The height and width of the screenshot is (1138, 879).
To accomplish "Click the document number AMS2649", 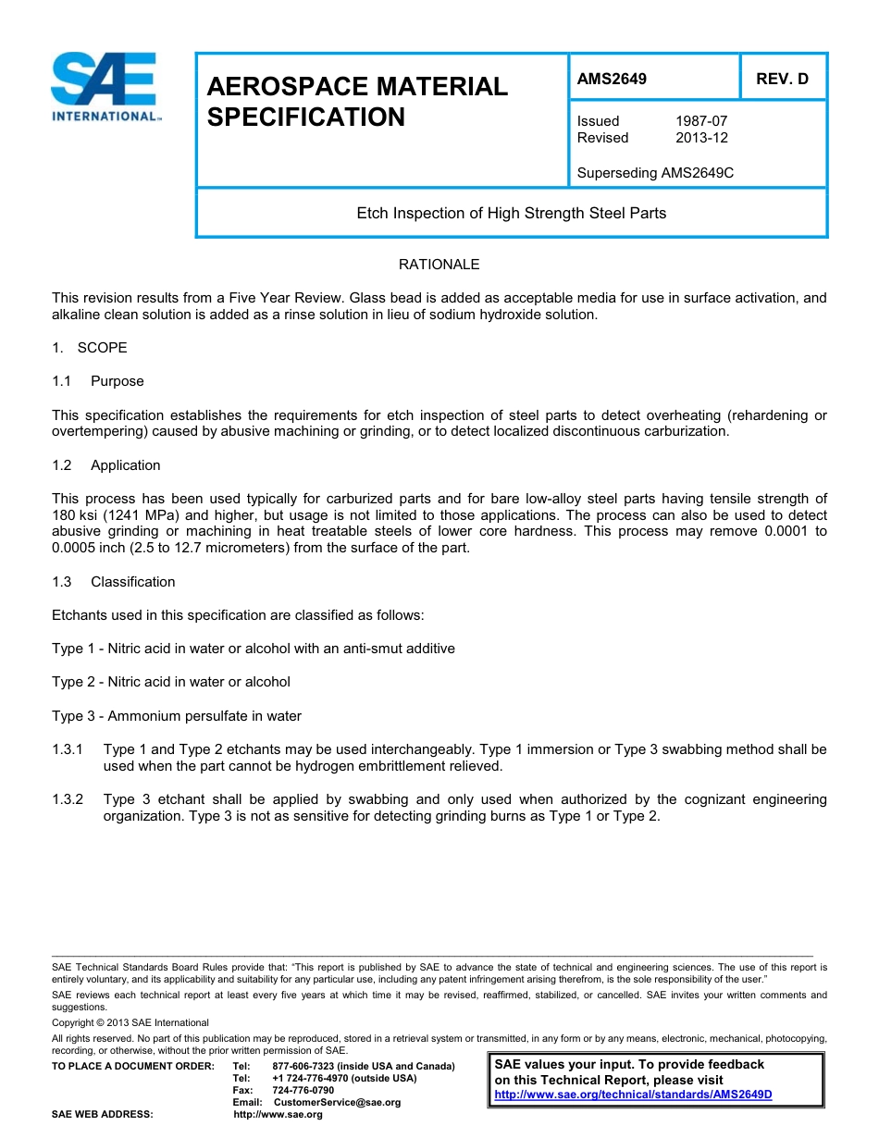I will pos(612,79).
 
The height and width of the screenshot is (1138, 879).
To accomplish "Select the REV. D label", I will pos(782,79).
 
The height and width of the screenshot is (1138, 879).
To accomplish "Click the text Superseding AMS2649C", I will pos(655,173).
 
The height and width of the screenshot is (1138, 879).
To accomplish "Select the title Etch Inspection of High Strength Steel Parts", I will pos(511,213).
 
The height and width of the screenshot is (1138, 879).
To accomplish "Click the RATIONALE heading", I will pos(439,265).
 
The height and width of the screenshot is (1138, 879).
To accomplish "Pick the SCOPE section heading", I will pos(102,348).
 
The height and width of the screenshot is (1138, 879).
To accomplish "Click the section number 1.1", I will pos(62,381).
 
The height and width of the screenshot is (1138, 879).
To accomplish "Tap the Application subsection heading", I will pos(125,465).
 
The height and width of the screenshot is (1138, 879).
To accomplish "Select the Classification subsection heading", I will pos(132,582).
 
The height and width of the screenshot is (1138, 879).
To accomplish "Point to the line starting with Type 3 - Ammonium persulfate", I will pos(176,716).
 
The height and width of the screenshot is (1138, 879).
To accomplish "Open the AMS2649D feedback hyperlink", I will pos(633,1095).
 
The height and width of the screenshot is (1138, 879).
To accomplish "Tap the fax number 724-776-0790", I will pos(303,1090).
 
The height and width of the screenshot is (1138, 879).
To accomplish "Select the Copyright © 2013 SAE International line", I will pos(130,1022).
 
